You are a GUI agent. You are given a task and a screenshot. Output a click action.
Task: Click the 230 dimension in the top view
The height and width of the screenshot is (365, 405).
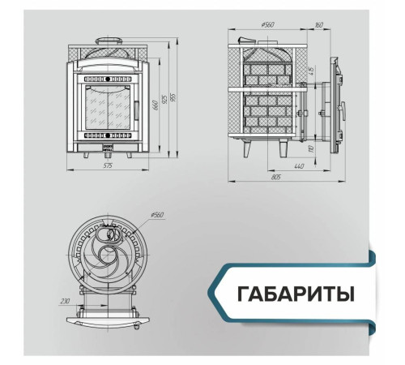tap(65, 300)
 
